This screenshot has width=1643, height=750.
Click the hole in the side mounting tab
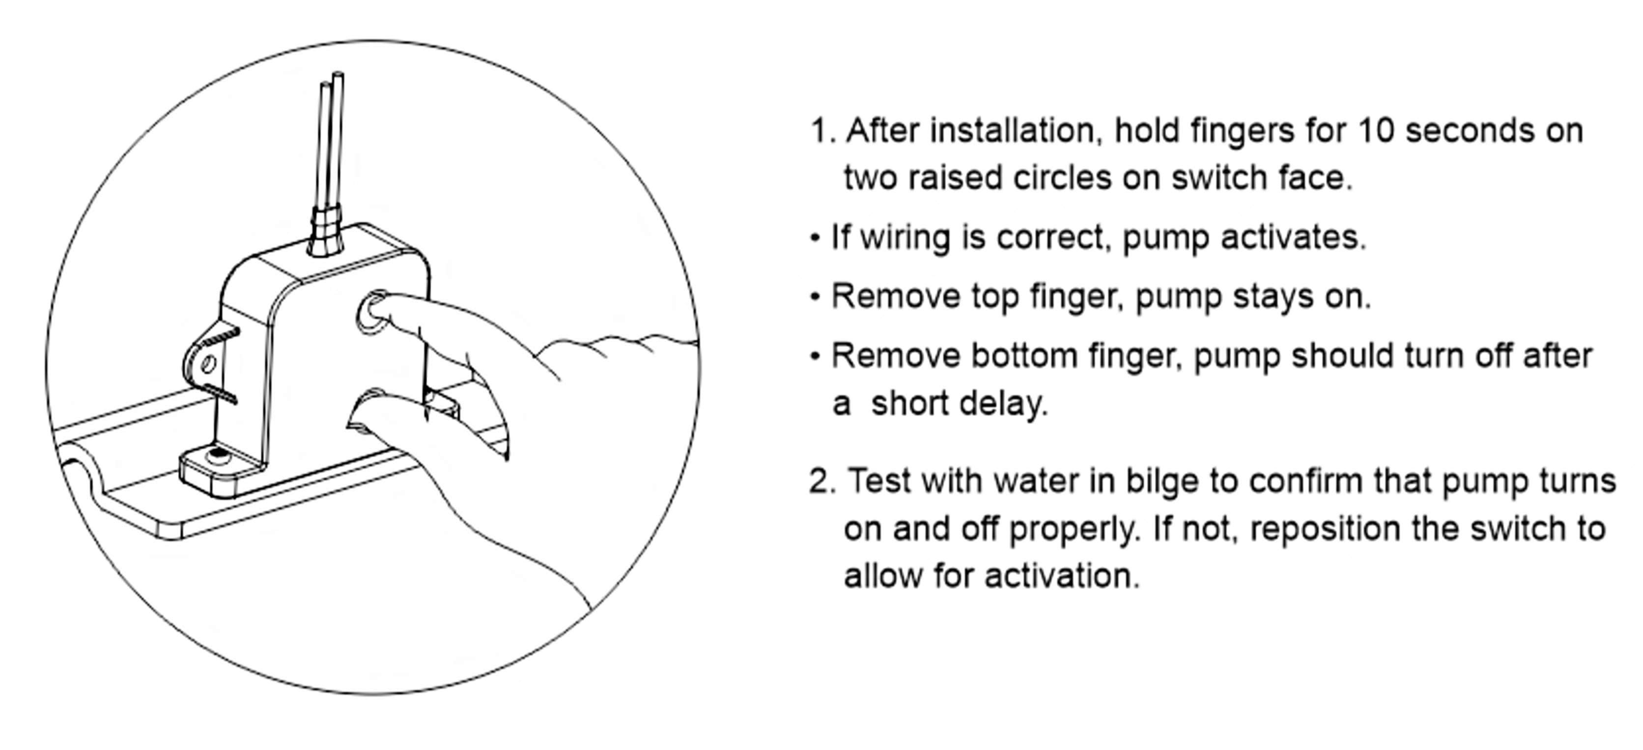[x=207, y=365]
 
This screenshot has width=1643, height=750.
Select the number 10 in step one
[x=1376, y=131]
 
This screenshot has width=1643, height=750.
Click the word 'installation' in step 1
[x=1016, y=131]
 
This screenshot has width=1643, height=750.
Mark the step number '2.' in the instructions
[x=822, y=482]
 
